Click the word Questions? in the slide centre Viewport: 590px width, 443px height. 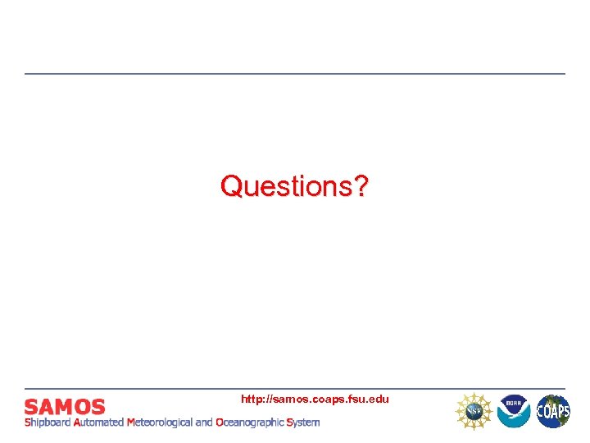[x=294, y=186]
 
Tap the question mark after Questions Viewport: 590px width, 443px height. [x=361, y=186]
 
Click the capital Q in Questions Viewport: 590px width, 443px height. [x=231, y=186]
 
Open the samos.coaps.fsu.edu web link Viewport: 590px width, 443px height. [x=315, y=399]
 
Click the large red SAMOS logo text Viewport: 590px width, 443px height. [x=65, y=406]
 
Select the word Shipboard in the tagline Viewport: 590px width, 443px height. [x=48, y=422]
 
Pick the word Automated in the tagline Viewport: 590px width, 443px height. [x=98, y=422]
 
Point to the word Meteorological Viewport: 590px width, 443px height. [x=159, y=422]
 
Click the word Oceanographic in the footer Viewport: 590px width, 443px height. [x=249, y=422]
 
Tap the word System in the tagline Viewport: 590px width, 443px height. [x=302, y=422]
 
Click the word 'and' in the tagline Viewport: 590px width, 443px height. [x=203, y=422]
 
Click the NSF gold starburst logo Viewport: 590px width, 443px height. [x=474, y=410]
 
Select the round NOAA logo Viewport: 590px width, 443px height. [x=514, y=410]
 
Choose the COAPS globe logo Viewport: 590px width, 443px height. [x=553, y=410]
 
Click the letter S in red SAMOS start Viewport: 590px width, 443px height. [x=31, y=406]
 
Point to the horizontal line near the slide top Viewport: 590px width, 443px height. [x=295, y=74]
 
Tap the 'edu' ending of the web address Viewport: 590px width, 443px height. [x=379, y=399]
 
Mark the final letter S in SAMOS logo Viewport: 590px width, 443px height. [x=98, y=406]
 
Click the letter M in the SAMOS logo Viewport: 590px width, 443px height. [x=64, y=406]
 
